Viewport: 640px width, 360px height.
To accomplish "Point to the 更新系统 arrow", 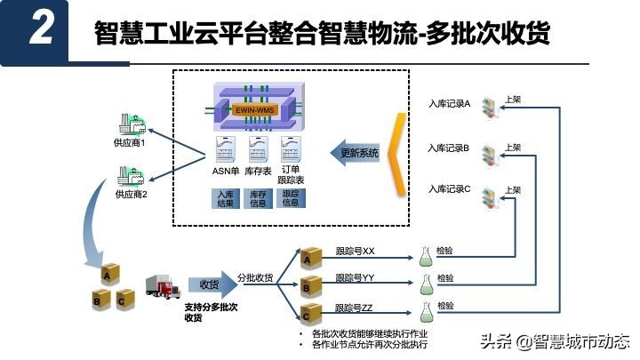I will [359, 153].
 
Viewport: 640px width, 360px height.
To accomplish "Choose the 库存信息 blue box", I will [258, 198].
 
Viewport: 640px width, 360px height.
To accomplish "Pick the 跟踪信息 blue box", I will [291, 198].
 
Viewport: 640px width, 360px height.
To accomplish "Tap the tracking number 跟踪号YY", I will [355, 278].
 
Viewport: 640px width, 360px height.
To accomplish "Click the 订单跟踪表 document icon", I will [290, 147].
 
